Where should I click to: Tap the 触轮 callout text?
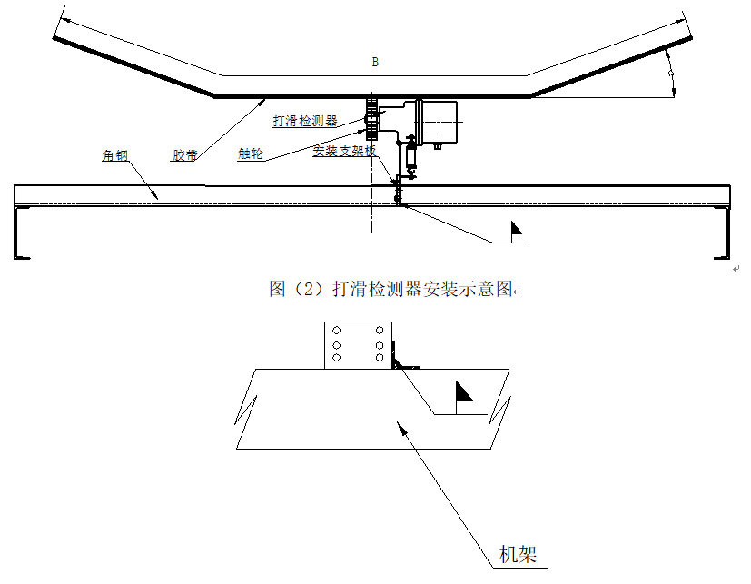[x=250, y=154]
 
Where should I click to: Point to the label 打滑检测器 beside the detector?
[x=305, y=120]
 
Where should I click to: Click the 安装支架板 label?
[x=343, y=151]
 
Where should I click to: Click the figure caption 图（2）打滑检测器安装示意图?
[x=392, y=289]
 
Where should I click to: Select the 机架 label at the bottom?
[x=519, y=553]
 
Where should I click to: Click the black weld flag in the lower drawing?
[x=463, y=391]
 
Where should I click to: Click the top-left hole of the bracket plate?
[x=337, y=331]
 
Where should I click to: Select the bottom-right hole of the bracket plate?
[x=379, y=358]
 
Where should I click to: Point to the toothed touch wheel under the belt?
[x=371, y=115]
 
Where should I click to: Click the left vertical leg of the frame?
[x=18, y=233]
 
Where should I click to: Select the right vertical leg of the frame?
[x=726, y=233]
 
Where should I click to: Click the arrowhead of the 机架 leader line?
[x=396, y=424]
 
